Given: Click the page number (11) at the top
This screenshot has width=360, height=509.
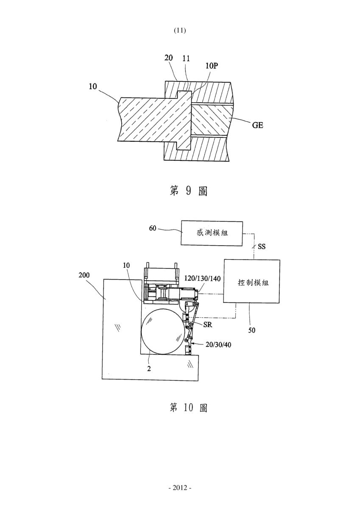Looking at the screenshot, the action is click(180, 30).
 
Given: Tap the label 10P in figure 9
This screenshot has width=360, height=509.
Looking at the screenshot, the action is click(212, 66).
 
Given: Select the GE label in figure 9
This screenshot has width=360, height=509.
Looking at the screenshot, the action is click(257, 125).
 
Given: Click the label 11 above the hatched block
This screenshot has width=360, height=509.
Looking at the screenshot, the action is click(186, 59).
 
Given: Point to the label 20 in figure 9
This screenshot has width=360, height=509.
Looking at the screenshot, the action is click(168, 58).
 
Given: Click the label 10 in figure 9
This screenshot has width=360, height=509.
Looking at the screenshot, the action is click(93, 87).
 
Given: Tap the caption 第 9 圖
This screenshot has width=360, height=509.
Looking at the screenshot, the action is click(188, 191).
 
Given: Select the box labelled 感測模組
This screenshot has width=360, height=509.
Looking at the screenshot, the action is click(212, 233).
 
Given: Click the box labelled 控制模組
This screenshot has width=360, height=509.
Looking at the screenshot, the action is click(251, 281).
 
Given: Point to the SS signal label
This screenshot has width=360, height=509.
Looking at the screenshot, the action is click(262, 246).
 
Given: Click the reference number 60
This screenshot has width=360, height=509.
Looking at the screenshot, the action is click(153, 228).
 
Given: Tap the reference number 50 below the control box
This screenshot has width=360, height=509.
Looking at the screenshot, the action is click(251, 330).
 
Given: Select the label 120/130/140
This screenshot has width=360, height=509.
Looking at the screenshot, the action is click(202, 278).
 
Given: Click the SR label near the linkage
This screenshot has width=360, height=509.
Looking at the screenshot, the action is click(208, 325).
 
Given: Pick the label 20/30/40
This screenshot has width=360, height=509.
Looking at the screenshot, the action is click(218, 345).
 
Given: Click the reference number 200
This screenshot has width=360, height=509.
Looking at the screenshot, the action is click(84, 275).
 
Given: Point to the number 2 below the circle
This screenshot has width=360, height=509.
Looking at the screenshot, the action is click(149, 369).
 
